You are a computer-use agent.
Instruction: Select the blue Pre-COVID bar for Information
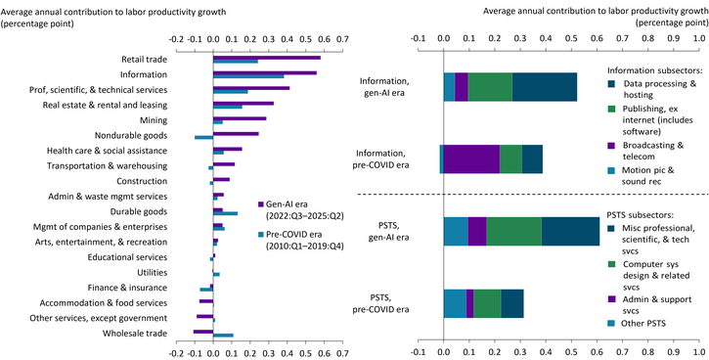[x=248, y=76]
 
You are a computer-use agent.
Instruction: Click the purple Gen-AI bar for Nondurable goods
[x=236, y=133]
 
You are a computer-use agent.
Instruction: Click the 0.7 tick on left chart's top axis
[x=342, y=40]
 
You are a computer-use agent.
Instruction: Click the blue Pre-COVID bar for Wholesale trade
[x=223, y=336]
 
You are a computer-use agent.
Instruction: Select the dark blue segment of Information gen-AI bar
[x=544, y=86]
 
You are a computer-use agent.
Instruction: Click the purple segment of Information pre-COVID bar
[x=471, y=158]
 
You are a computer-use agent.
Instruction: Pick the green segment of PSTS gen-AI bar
[x=513, y=231]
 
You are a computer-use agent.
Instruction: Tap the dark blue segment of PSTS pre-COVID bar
[x=511, y=303]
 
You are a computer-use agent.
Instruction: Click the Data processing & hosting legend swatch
[x=613, y=84]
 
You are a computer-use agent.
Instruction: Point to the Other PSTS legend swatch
[x=613, y=323]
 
